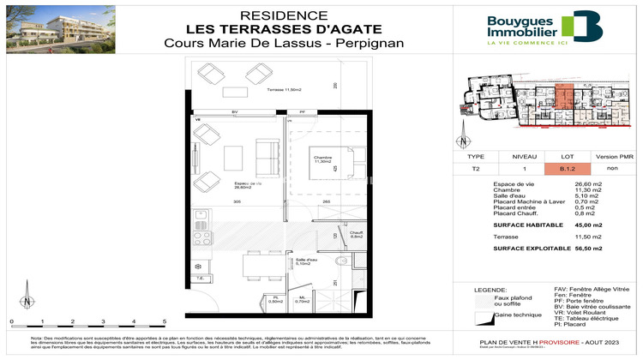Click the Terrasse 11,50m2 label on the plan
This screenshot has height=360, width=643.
point(261,89)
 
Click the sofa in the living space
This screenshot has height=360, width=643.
point(267,159)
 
